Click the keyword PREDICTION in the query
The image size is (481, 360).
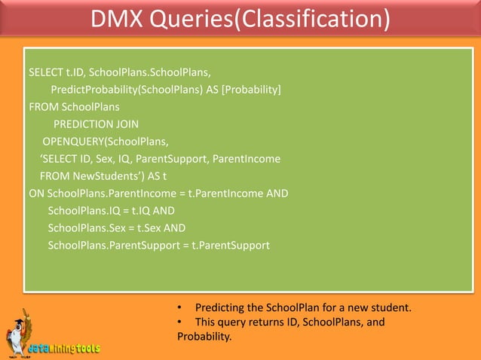point(84,124)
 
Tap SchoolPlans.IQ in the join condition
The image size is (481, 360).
point(84,210)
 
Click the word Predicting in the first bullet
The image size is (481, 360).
point(218,308)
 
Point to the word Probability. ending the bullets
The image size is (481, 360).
point(203,337)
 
